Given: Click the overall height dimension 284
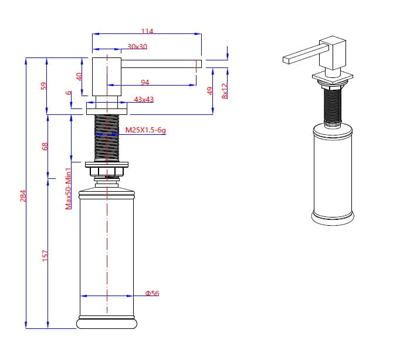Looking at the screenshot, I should (23, 195).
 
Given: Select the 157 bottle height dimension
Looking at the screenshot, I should (46, 255).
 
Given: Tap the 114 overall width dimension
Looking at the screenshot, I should (147, 32).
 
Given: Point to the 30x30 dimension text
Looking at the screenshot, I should (137, 46).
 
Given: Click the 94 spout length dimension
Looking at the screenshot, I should (145, 82).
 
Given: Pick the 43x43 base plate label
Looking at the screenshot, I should (144, 100).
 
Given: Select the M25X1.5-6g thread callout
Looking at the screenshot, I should (145, 131).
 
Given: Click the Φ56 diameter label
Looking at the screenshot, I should (152, 293).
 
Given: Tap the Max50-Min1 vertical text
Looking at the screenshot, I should (69, 188).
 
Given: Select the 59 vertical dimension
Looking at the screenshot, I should (43, 86).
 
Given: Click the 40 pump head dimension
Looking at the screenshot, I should (80, 76).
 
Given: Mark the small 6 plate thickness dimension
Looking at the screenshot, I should (69, 93).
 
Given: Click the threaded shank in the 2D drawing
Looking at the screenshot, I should (107, 137).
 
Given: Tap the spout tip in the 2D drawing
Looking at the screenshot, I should (198, 63).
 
